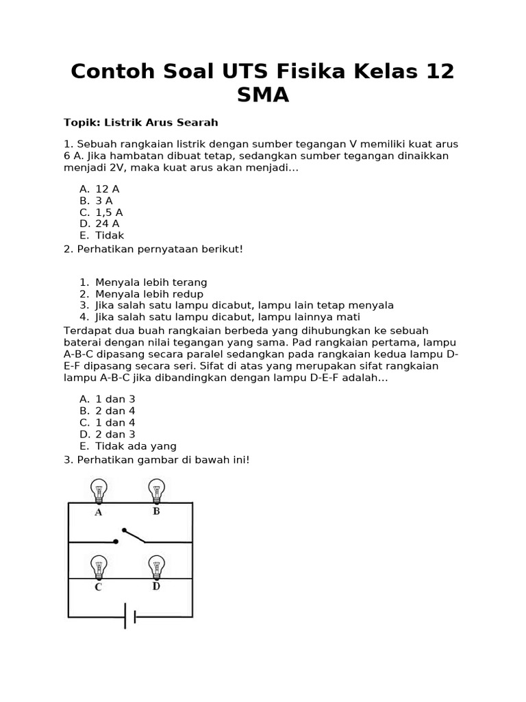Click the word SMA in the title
(263, 95)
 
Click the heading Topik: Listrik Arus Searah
(140, 123)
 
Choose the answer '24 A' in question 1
(108, 223)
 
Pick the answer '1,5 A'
(109, 212)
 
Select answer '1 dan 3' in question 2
(115, 399)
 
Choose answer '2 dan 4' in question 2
(115, 411)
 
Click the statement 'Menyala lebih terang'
(151, 282)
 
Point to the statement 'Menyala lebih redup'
(149, 294)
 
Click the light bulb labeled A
(99, 490)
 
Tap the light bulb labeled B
(156, 490)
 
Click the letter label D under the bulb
(156, 586)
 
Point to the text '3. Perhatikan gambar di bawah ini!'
(157, 460)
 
